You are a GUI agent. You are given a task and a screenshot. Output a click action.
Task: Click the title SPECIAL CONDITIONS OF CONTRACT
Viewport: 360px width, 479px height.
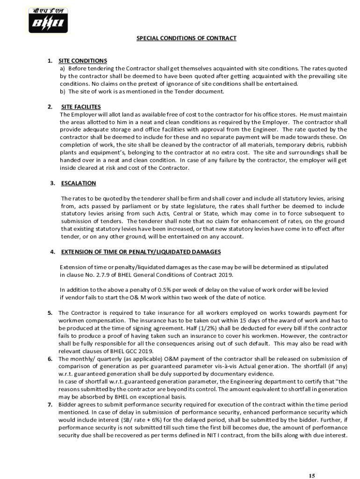tap(186, 38)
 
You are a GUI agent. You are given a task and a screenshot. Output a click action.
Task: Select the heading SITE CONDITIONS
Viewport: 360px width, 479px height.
tap(83, 61)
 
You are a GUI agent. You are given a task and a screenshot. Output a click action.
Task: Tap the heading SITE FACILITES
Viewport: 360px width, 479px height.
tap(81, 107)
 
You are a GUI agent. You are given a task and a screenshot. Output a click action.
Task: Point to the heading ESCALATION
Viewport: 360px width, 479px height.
tap(79, 183)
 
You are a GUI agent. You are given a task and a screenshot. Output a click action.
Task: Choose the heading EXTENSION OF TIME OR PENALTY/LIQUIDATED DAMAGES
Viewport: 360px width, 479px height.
tap(141, 252)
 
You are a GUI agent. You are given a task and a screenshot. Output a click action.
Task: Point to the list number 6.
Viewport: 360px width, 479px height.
tap(50, 359)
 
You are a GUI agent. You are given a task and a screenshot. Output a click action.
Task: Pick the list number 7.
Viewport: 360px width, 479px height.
tap(50, 405)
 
